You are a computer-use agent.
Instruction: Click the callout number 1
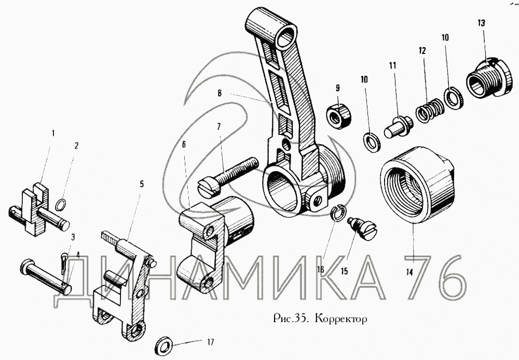click(x=52, y=133)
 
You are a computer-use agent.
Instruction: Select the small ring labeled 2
click(x=61, y=205)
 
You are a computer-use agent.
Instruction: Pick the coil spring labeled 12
click(x=429, y=111)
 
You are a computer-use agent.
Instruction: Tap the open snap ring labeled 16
click(x=337, y=213)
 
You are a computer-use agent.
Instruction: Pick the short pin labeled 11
click(x=399, y=125)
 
